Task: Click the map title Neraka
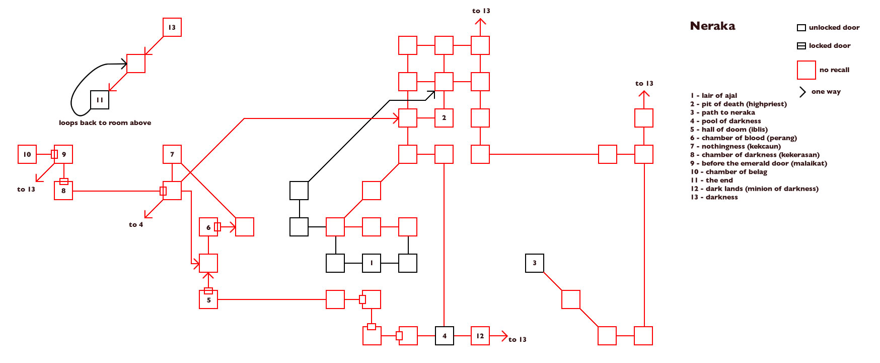tap(712, 26)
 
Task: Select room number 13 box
tap(172, 27)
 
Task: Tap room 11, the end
tap(100, 100)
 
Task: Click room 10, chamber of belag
tap(27, 154)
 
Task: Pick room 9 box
tap(64, 154)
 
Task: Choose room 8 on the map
tap(63, 191)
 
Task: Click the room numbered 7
tap(172, 154)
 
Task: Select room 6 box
tap(208, 227)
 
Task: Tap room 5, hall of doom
tap(208, 300)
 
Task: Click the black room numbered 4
tap(445, 336)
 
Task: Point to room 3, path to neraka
tap(535, 263)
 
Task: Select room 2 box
tap(444, 118)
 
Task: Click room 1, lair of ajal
tap(372, 263)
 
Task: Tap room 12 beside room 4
tap(480, 336)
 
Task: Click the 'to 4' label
tap(136, 225)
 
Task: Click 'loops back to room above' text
tap(105, 123)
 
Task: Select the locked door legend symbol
tap(801, 46)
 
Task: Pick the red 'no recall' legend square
tap(806, 70)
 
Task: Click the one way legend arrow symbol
tap(802, 92)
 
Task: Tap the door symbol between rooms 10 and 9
tap(54, 154)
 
